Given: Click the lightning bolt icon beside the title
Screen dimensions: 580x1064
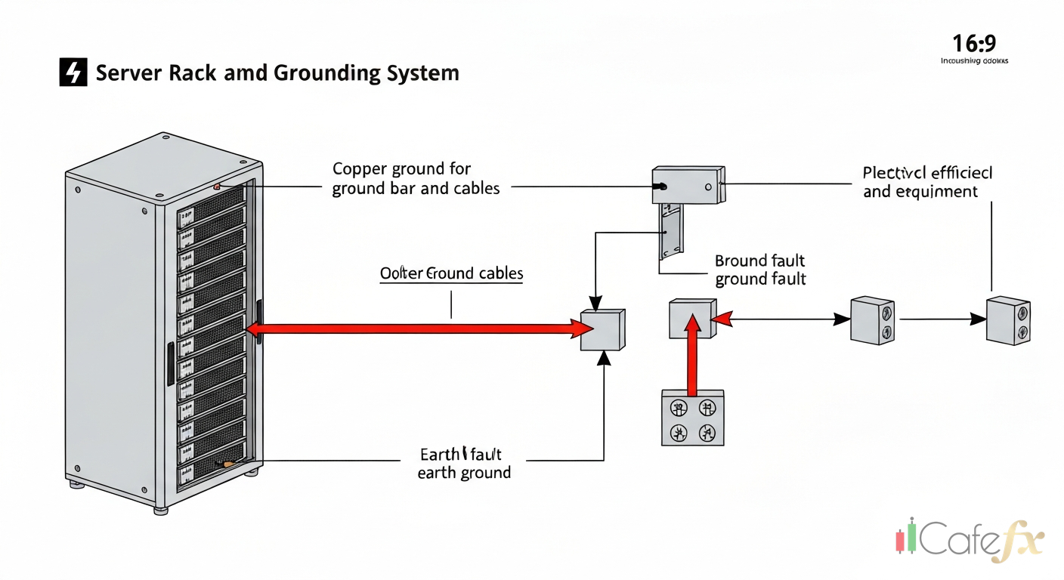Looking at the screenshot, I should tap(73, 72).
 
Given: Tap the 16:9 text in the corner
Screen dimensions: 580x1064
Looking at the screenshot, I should tap(974, 42).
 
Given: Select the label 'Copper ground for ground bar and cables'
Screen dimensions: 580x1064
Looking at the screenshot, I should tap(416, 178).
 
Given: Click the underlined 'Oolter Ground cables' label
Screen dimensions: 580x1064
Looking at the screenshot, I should tap(451, 273).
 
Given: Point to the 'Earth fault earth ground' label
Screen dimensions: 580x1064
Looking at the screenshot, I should tap(463, 464).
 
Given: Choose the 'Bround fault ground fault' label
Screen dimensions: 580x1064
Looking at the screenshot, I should tap(759, 270).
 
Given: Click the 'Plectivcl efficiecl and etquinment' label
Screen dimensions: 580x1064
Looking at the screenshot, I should tap(927, 182).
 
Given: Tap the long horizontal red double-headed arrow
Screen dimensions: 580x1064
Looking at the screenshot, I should tap(419, 329).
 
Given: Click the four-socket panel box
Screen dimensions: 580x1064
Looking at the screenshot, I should tap(692, 418).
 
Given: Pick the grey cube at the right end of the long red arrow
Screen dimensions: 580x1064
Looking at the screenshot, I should tap(602, 330).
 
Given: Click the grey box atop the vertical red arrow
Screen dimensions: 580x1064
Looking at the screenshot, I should tap(691, 318).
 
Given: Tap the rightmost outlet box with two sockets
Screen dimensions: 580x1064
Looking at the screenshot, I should tap(1008, 320).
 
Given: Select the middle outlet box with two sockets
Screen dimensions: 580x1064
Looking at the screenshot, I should tap(872, 320).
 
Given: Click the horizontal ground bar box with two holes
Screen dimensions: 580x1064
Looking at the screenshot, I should tap(688, 185).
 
